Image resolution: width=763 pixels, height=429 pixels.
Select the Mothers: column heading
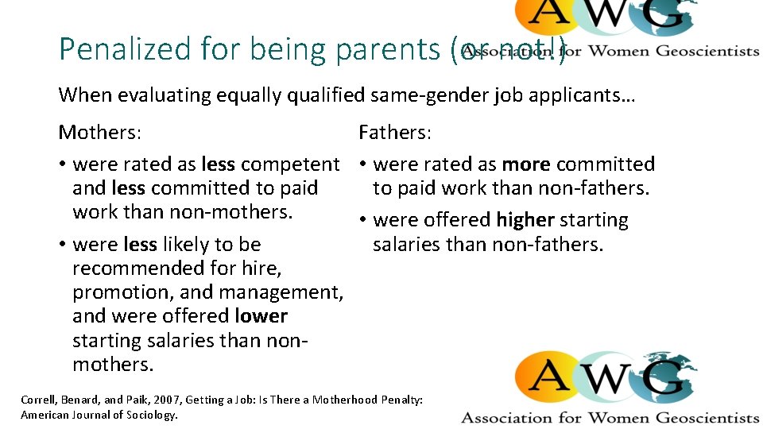[x=100, y=132]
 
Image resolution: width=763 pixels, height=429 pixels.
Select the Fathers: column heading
[x=395, y=132]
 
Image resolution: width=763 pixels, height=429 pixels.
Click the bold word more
[x=526, y=164]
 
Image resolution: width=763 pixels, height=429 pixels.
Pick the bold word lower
[x=261, y=316]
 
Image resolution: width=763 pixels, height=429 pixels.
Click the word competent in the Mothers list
[x=290, y=164]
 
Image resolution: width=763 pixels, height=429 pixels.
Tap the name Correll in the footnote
[x=41, y=400]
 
